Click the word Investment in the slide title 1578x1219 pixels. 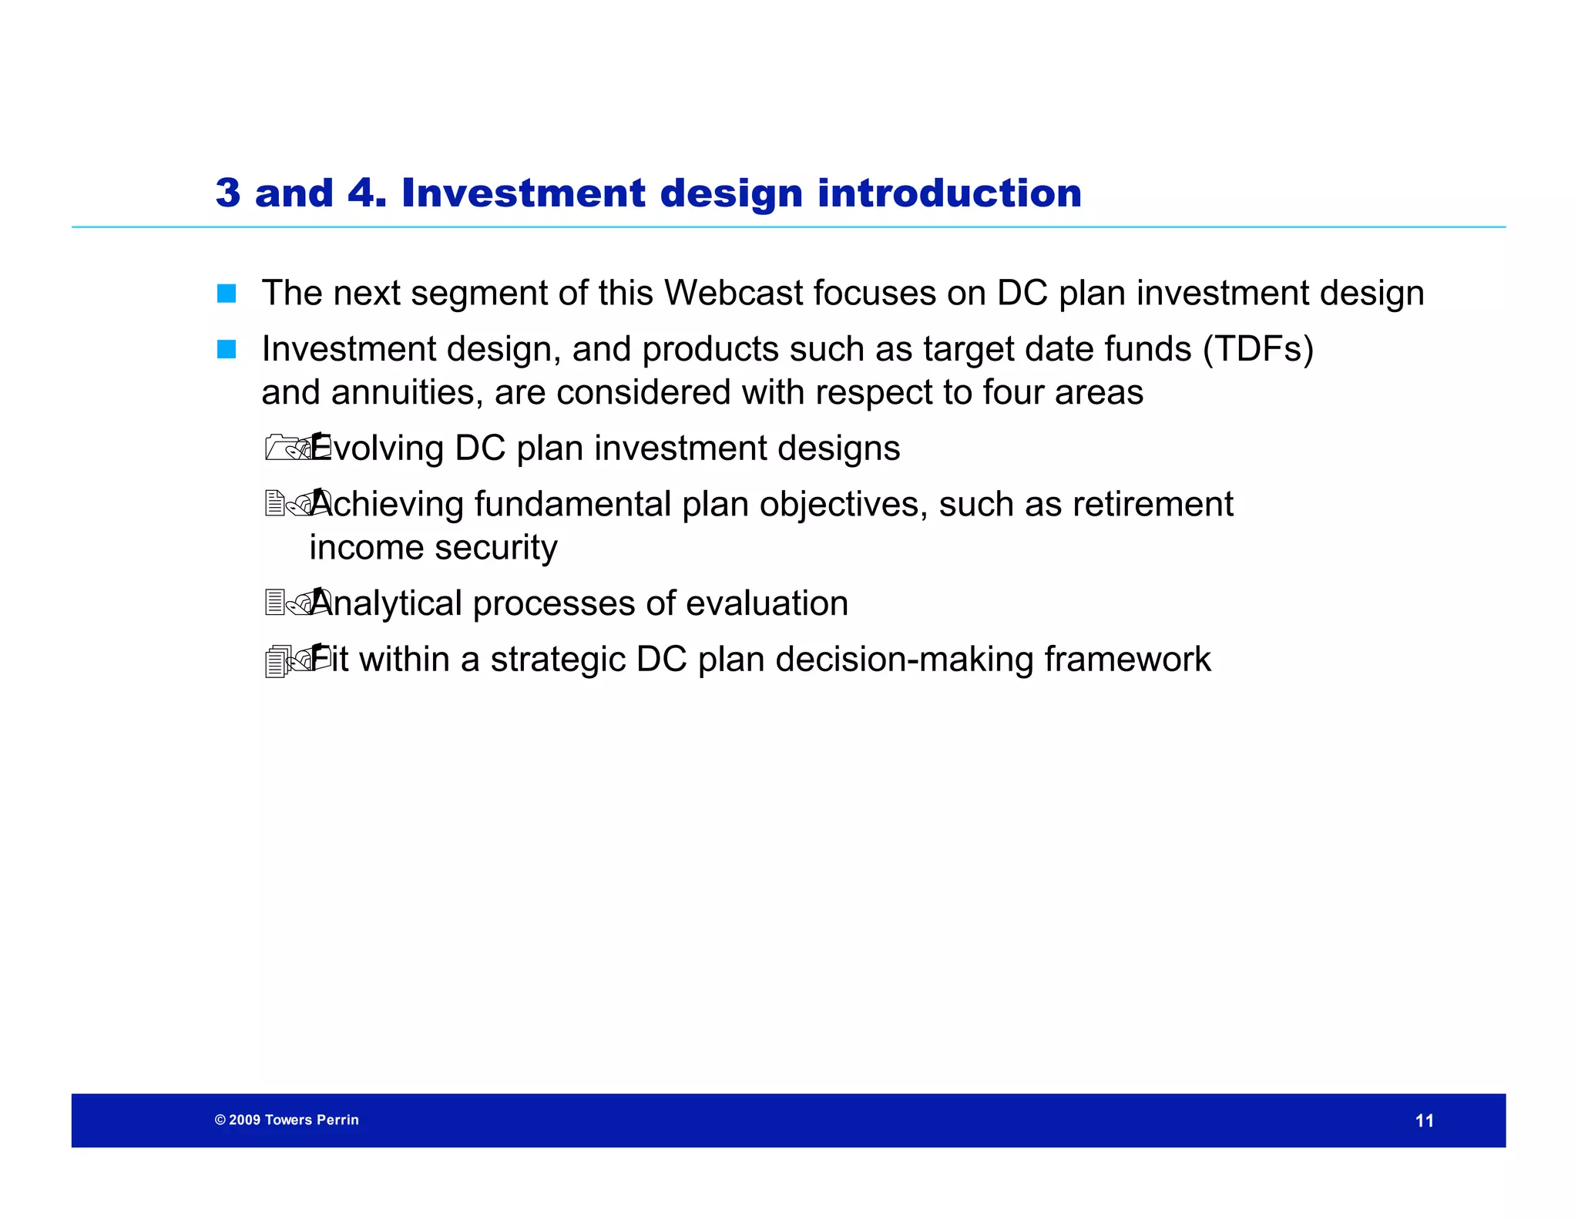523,193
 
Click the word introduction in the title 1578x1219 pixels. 949,193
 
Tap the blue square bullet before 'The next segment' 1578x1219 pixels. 227,294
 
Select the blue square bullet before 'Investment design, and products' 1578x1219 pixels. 227,350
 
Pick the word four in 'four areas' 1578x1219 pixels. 1013,393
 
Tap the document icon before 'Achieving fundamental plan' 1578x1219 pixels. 275,504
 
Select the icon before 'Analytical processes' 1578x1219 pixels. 275,603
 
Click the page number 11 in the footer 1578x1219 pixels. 1424,1121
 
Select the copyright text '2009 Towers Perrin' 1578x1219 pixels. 293,1120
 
